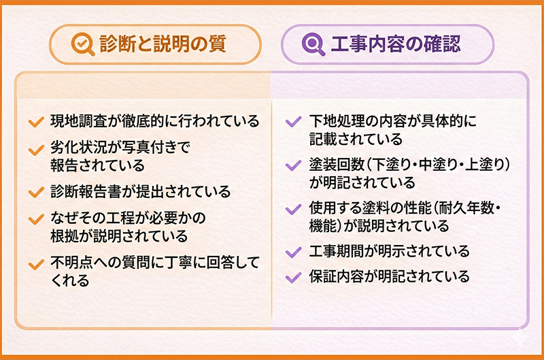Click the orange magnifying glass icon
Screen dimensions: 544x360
pos(82,44)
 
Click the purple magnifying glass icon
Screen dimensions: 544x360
pos(313,44)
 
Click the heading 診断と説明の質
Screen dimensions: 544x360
pos(163,44)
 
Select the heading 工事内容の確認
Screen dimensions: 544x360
pos(396,44)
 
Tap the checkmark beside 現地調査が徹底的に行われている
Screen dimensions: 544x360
pos(36,122)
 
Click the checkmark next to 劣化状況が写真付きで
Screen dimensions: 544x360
pos(36,150)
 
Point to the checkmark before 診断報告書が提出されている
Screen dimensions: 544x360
pos(36,192)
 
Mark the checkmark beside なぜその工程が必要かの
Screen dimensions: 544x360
pos(36,219)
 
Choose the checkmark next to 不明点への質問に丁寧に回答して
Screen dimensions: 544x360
pos(36,264)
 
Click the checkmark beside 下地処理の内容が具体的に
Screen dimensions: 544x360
pos(293,122)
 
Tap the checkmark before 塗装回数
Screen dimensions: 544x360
pos(293,165)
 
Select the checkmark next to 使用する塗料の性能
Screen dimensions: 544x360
pos(293,209)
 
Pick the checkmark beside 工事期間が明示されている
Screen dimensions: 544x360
pos(293,252)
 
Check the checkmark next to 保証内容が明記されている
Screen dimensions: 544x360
pos(293,277)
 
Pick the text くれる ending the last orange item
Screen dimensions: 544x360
pos(71,280)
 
